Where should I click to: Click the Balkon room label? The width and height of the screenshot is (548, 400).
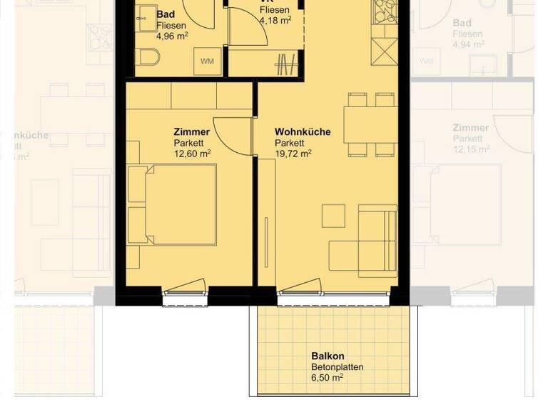328,356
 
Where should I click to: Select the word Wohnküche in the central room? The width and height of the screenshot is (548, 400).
302,132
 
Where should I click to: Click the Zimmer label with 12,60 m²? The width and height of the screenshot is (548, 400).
191,132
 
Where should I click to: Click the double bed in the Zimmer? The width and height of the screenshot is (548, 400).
173,204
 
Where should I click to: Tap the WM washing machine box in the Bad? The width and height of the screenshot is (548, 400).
208,61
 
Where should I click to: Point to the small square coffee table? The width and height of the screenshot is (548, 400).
333,215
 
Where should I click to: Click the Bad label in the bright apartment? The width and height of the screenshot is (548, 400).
165,14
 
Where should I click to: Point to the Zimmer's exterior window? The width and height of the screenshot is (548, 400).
185,292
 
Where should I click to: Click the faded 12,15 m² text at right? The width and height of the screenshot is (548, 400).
471,149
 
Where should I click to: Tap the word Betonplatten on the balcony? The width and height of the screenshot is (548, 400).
337,367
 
